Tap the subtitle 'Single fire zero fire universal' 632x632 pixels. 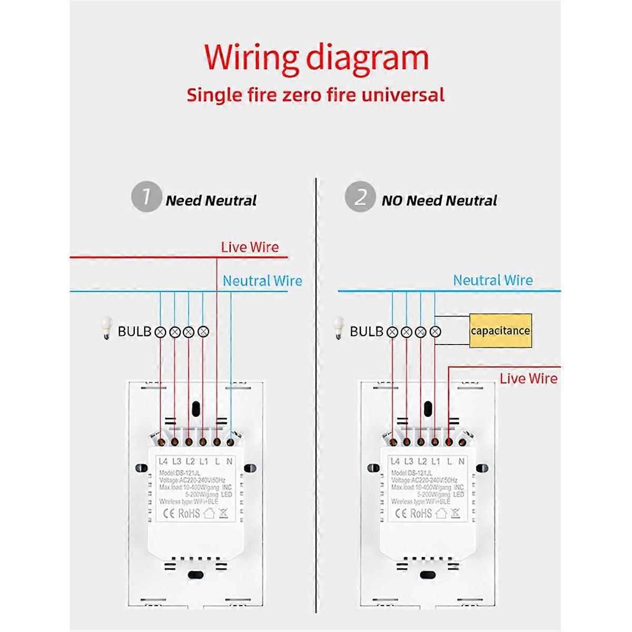tap(315, 95)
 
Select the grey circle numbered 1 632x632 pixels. tap(145, 197)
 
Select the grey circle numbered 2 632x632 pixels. tap(360, 197)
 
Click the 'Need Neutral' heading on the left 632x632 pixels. tap(211, 201)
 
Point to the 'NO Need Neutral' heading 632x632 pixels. tap(439, 201)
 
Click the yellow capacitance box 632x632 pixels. tap(500, 331)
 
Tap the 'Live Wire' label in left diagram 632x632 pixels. tap(250, 247)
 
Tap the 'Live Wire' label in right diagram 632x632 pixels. tap(528, 378)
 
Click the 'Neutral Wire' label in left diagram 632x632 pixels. tap(262, 281)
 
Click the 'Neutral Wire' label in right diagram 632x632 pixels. tap(493, 280)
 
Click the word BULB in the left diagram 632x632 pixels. tap(134, 332)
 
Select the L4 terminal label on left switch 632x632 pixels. tap(163, 461)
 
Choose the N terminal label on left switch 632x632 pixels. tap(229, 461)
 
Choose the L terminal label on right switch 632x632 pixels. tap(449, 461)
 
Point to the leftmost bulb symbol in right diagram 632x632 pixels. tap(392, 332)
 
